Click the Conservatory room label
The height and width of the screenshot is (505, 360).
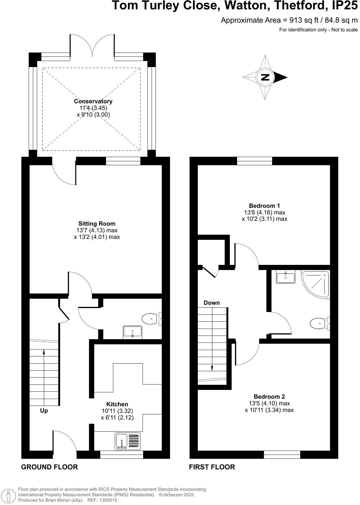coord(93,101)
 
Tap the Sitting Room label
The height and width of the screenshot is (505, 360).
coord(97,224)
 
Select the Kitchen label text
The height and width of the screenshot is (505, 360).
coord(117,404)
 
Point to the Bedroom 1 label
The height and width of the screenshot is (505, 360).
coord(264,206)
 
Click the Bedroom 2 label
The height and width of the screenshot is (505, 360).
coord(269,397)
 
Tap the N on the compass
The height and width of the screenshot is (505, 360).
coord(265,77)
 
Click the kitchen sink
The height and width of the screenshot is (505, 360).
coord(128,441)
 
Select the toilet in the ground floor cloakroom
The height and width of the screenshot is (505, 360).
coord(151,319)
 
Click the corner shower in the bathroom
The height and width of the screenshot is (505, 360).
coord(316,283)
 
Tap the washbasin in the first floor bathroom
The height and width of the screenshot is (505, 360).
coord(286,277)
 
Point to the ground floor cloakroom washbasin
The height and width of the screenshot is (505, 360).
coord(133,332)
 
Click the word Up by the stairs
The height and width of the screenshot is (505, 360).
coord(44,411)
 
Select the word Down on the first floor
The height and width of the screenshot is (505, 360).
coord(212,303)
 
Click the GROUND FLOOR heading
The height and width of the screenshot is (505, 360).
coord(49,467)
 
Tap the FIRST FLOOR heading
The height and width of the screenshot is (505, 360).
coord(212,467)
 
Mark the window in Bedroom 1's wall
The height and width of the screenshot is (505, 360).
coord(254,161)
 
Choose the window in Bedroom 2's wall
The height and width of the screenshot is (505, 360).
coord(282,455)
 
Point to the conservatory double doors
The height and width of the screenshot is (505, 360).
coord(92,45)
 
